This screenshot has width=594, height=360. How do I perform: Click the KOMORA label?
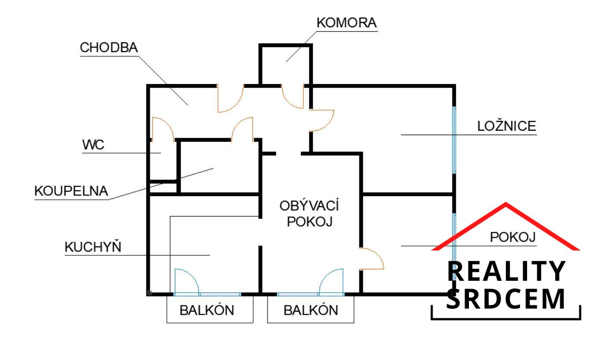click(x=347, y=23)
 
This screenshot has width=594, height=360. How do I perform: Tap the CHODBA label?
click(x=109, y=48)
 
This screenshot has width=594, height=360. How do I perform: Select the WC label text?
click(x=93, y=145)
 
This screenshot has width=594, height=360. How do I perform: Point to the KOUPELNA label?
click(x=71, y=191)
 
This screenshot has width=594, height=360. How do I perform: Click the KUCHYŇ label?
click(x=92, y=247)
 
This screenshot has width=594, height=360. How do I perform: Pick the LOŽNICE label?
click(x=507, y=126)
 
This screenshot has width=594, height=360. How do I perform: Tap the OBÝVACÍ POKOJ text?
click(x=309, y=213)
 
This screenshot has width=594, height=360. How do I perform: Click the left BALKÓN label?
click(x=207, y=310)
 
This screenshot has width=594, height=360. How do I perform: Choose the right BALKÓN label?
click(x=310, y=310)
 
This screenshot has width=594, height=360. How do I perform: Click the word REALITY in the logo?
click(x=506, y=272)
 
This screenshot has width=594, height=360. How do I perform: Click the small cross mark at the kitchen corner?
click(x=149, y=293)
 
